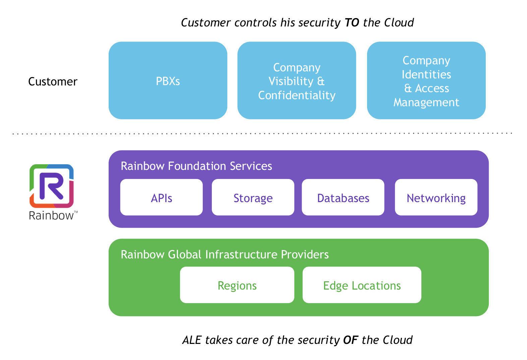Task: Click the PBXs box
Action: (x=168, y=80)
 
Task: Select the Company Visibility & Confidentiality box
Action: (x=297, y=80)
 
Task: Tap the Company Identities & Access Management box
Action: (x=426, y=80)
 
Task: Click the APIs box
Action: (x=161, y=197)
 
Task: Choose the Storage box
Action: (x=253, y=197)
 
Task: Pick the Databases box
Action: (x=343, y=197)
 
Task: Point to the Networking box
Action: (x=436, y=197)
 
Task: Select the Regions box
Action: (x=237, y=285)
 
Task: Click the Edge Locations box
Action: (x=362, y=285)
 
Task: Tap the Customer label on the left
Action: (x=53, y=82)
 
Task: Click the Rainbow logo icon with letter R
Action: (x=52, y=186)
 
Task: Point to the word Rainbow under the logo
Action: (x=51, y=216)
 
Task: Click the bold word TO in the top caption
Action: (x=352, y=22)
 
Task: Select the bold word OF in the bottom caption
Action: (x=351, y=340)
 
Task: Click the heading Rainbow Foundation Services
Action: (x=196, y=166)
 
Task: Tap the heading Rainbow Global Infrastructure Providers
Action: (x=225, y=254)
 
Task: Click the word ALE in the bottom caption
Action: (x=192, y=340)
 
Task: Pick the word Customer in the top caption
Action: (x=206, y=22)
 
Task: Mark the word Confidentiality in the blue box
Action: (x=297, y=95)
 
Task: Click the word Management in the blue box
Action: (x=426, y=103)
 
